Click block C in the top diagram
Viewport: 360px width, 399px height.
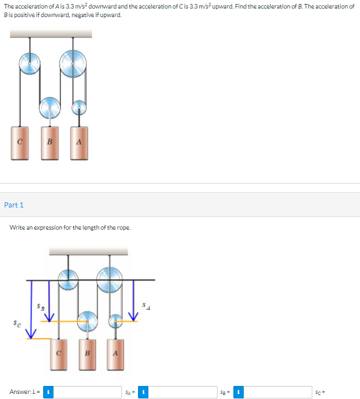19,143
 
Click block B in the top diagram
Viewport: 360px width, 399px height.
50,143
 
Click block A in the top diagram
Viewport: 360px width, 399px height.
79,143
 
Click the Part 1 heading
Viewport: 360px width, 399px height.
14,205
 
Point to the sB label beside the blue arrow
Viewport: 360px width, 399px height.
40,306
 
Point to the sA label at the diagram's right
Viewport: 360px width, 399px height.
146,307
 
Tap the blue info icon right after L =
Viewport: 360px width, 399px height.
50,392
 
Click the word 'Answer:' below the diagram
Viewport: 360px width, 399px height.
20,392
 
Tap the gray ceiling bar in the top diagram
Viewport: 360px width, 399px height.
51,33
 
